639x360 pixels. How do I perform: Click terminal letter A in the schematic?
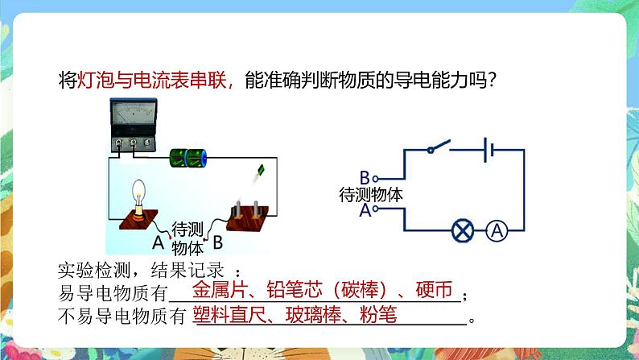coord(365,210)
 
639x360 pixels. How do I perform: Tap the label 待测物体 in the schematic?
coord(371,194)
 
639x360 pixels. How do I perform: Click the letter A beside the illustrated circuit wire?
coord(158,241)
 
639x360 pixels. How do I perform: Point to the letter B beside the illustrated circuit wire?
coord(217,239)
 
